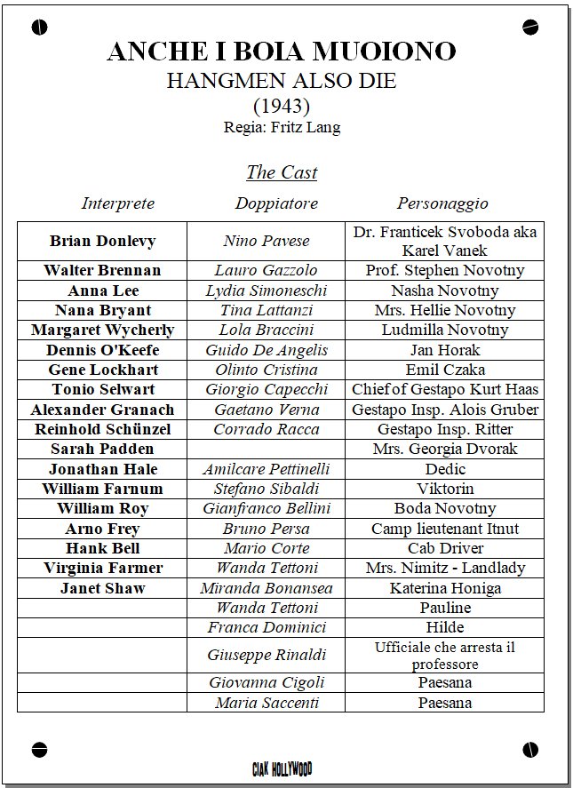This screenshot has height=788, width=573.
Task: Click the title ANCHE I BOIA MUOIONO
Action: tap(282, 52)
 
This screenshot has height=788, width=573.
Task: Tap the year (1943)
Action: tap(282, 106)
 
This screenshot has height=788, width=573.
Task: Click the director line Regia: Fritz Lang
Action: tap(282, 127)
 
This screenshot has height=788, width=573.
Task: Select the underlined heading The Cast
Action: tap(282, 172)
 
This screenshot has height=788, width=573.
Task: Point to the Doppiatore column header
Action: tap(276, 203)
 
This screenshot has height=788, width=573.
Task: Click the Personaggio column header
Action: tap(442, 203)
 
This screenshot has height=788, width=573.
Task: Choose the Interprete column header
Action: tap(118, 203)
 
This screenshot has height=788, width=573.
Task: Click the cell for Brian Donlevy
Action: tap(102, 241)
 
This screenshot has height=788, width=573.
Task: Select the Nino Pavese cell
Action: tap(267, 241)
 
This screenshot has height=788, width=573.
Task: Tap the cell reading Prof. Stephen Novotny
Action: tap(444, 270)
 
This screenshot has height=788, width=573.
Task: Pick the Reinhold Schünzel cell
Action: tap(102, 429)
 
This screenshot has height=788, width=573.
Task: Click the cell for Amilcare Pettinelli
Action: tap(267, 469)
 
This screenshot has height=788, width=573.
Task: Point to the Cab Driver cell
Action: tap(444, 548)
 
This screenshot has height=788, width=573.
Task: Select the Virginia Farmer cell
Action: tap(102, 568)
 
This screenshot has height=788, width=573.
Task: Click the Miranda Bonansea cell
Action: tap(267, 588)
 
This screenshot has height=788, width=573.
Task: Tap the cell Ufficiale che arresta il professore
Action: tap(444, 656)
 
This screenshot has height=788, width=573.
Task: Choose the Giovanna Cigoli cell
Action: tap(267, 682)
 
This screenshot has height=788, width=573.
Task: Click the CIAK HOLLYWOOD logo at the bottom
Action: tap(282, 768)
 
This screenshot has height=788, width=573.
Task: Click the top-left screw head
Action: tap(38, 28)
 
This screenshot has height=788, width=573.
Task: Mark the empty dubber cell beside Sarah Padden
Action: tap(267, 449)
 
